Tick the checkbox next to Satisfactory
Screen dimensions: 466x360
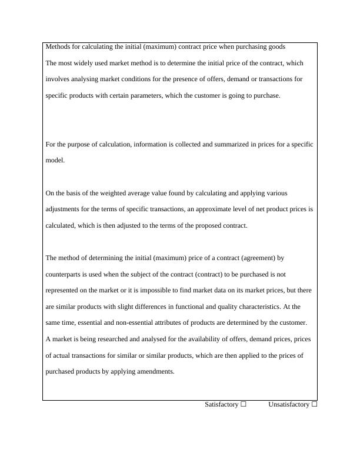[244, 404]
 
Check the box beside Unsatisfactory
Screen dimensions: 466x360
[314, 404]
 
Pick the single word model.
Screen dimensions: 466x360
[55, 160]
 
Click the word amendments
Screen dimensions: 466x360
[156, 372]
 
